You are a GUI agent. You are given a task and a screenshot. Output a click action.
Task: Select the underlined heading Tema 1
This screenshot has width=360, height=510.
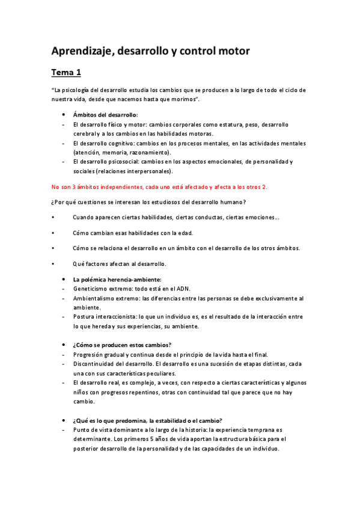(66, 73)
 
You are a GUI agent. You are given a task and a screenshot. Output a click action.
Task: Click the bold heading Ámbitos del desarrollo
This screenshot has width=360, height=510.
(105, 114)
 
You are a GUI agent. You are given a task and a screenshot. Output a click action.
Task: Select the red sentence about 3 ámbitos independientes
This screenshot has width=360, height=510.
(159, 186)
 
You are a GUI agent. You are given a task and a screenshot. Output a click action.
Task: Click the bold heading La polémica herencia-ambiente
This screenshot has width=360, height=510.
(117, 279)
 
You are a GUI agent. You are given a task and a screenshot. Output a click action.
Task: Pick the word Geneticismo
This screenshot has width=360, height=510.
(91, 288)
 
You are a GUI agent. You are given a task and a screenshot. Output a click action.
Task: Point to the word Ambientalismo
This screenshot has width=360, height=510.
(97, 298)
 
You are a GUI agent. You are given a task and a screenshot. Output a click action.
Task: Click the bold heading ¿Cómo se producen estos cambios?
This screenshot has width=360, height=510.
(121, 345)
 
